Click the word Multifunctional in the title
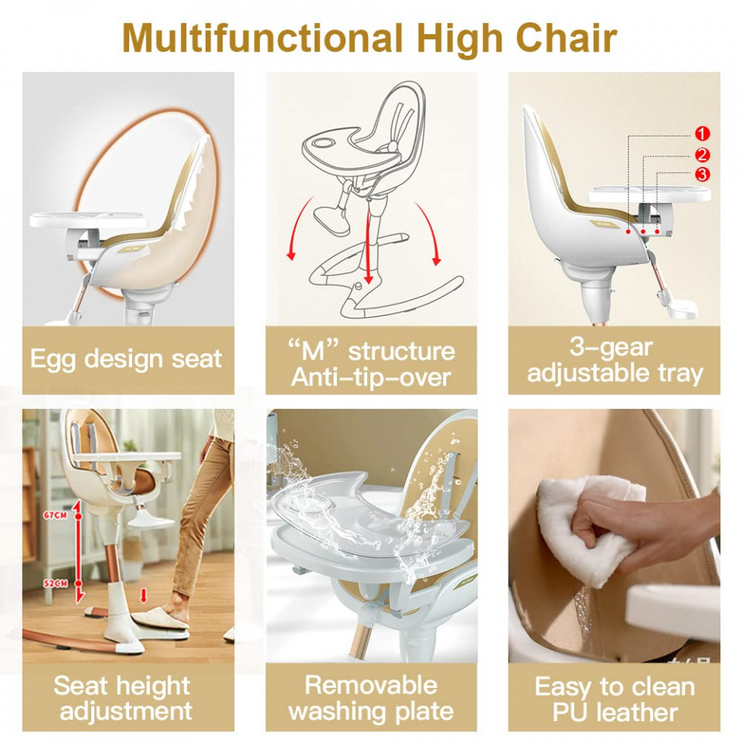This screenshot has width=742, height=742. click(263, 39)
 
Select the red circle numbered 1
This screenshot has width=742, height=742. click(703, 134)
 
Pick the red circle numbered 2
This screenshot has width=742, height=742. click(703, 155)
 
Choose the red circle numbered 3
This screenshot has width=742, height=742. click(703, 175)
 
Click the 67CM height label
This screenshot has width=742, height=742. click(56, 515)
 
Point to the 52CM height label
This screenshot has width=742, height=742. click(56, 584)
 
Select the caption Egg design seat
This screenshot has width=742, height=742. click(126, 359)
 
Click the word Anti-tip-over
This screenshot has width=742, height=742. click(371, 377)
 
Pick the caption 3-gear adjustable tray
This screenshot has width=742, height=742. click(614, 360)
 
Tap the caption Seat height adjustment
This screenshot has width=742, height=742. click(124, 699)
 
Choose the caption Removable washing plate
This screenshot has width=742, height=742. click(371, 699)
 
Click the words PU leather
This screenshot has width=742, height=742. click(614, 712)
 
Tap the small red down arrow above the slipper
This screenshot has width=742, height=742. click(144, 595)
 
